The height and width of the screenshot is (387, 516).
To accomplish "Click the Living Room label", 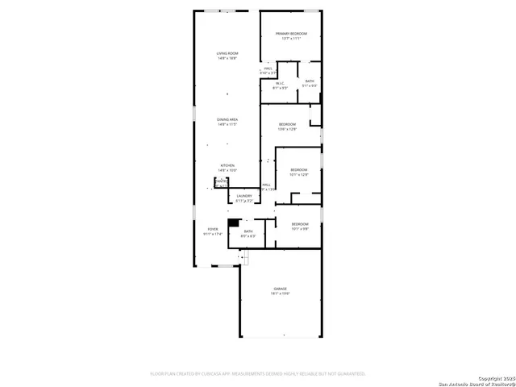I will (x=227, y=53).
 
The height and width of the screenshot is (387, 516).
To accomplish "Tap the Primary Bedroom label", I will (x=291, y=34).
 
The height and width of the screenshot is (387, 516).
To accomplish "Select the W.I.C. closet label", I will (x=279, y=82).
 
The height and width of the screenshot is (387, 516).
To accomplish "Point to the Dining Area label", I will (x=227, y=119).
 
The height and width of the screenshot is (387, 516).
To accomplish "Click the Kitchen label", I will (x=227, y=165).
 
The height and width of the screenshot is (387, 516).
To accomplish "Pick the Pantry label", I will (x=221, y=181).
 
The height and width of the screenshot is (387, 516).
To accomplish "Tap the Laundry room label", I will (x=244, y=195).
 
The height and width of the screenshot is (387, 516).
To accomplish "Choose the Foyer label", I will (x=213, y=229).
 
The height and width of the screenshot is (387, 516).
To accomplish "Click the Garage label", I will (x=280, y=289).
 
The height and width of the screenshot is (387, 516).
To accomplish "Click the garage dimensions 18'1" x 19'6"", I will (x=280, y=293).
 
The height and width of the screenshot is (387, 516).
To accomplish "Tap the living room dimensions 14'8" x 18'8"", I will (x=227, y=58).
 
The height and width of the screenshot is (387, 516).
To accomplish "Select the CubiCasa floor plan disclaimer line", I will (x=258, y=373).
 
